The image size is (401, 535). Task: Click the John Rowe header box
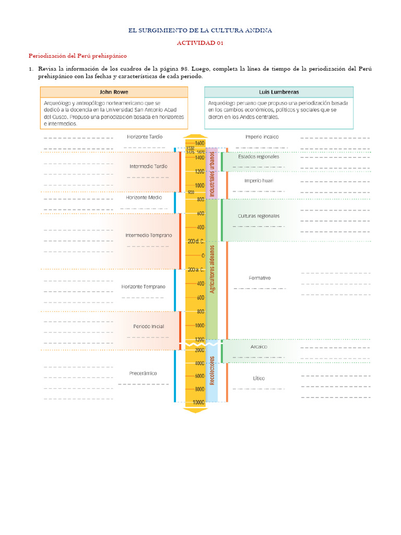click(x=114, y=92)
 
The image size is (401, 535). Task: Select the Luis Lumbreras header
click(x=279, y=92)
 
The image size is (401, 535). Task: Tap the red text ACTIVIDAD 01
click(x=200, y=43)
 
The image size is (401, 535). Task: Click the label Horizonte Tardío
click(x=145, y=136)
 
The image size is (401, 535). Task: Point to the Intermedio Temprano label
click(x=148, y=235)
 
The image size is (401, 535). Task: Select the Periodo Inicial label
click(x=148, y=327)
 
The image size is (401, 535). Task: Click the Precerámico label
click(x=143, y=374)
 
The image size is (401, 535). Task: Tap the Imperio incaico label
click(x=262, y=136)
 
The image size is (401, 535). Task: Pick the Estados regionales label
click(x=258, y=156)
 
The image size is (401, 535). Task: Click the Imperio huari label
click(x=258, y=181)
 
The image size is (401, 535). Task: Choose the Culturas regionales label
click(x=258, y=216)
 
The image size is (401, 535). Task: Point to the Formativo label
click(x=260, y=278)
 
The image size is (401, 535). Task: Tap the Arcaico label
click(x=259, y=346)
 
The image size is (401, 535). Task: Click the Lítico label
click(x=258, y=378)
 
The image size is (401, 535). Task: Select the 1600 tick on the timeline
click(x=199, y=143)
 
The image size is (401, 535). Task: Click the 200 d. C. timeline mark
click(x=196, y=241)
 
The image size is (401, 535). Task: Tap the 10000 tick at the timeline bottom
click(x=197, y=402)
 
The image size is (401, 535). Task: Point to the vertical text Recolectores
click(x=212, y=371)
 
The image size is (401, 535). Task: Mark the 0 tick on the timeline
click(x=203, y=255)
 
